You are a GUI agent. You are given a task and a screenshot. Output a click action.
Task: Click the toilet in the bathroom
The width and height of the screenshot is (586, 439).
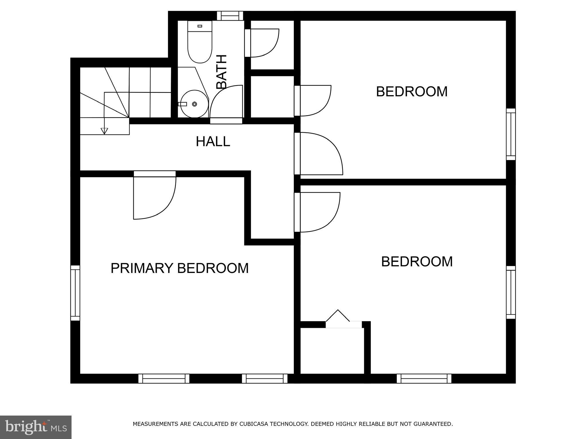[x=200, y=43]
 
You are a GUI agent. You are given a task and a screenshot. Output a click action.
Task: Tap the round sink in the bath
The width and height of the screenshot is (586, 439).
[x=195, y=104]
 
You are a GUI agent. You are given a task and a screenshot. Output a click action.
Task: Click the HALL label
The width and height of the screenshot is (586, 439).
[x=213, y=141]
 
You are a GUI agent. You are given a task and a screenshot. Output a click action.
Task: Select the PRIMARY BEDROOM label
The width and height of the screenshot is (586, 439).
[x=179, y=268]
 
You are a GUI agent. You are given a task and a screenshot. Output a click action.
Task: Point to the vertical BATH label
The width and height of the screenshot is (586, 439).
[x=221, y=72]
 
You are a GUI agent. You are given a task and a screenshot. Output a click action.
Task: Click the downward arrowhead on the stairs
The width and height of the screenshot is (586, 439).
[x=104, y=131]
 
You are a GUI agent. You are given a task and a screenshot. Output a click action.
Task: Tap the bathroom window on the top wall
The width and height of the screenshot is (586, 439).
[x=230, y=16]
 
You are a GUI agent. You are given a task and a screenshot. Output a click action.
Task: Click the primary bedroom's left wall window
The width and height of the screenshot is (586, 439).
[x=75, y=293]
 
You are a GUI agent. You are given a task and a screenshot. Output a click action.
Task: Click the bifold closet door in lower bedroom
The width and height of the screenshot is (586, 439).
[x=338, y=317]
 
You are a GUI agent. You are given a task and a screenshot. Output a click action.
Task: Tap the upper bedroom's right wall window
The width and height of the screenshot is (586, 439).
[x=511, y=134]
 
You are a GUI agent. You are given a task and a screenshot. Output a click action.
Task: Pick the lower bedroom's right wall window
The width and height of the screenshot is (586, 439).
[x=511, y=292]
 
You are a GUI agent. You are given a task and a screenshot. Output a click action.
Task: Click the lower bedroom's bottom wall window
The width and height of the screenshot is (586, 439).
[x=424, y=378]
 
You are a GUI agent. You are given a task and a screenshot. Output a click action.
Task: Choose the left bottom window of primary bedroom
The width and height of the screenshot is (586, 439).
[x=164, y=378]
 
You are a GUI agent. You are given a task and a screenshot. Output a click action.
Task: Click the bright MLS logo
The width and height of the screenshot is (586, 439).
[x=35, y=427]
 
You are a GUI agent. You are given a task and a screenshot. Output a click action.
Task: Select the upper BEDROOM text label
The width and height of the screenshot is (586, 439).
[x=411, y=92]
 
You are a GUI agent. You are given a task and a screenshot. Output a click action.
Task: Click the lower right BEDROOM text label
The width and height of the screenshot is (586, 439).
[x=417, y=262]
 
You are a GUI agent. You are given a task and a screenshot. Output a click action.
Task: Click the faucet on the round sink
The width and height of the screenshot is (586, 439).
[x=182, y=104]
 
